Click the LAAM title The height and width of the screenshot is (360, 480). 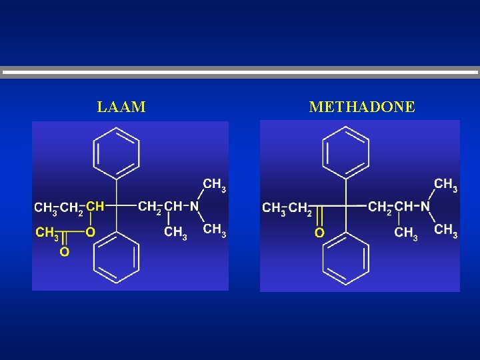(121, 107)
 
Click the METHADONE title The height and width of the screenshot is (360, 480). (362, 107)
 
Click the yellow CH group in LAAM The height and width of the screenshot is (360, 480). (95, 206)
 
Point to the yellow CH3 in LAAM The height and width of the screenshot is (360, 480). (46, 232)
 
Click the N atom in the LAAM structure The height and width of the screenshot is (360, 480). (194, 206)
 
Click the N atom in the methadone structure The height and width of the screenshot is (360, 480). (425, 207)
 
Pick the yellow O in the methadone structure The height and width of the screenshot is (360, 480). (319, 233)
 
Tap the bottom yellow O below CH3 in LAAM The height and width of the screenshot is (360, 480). (64, 252)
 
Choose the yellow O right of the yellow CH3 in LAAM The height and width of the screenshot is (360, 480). (90, 232)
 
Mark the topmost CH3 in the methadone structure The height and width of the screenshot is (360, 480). (445, 184)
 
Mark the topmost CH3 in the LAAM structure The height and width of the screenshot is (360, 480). (214, 184)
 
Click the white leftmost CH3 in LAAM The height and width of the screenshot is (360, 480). (45, 208)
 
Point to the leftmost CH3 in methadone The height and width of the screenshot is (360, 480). (274, 209)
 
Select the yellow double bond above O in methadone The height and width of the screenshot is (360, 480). (319, 217)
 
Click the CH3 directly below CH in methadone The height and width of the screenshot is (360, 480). (406, 233)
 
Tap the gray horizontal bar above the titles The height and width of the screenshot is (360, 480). (240, 73)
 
